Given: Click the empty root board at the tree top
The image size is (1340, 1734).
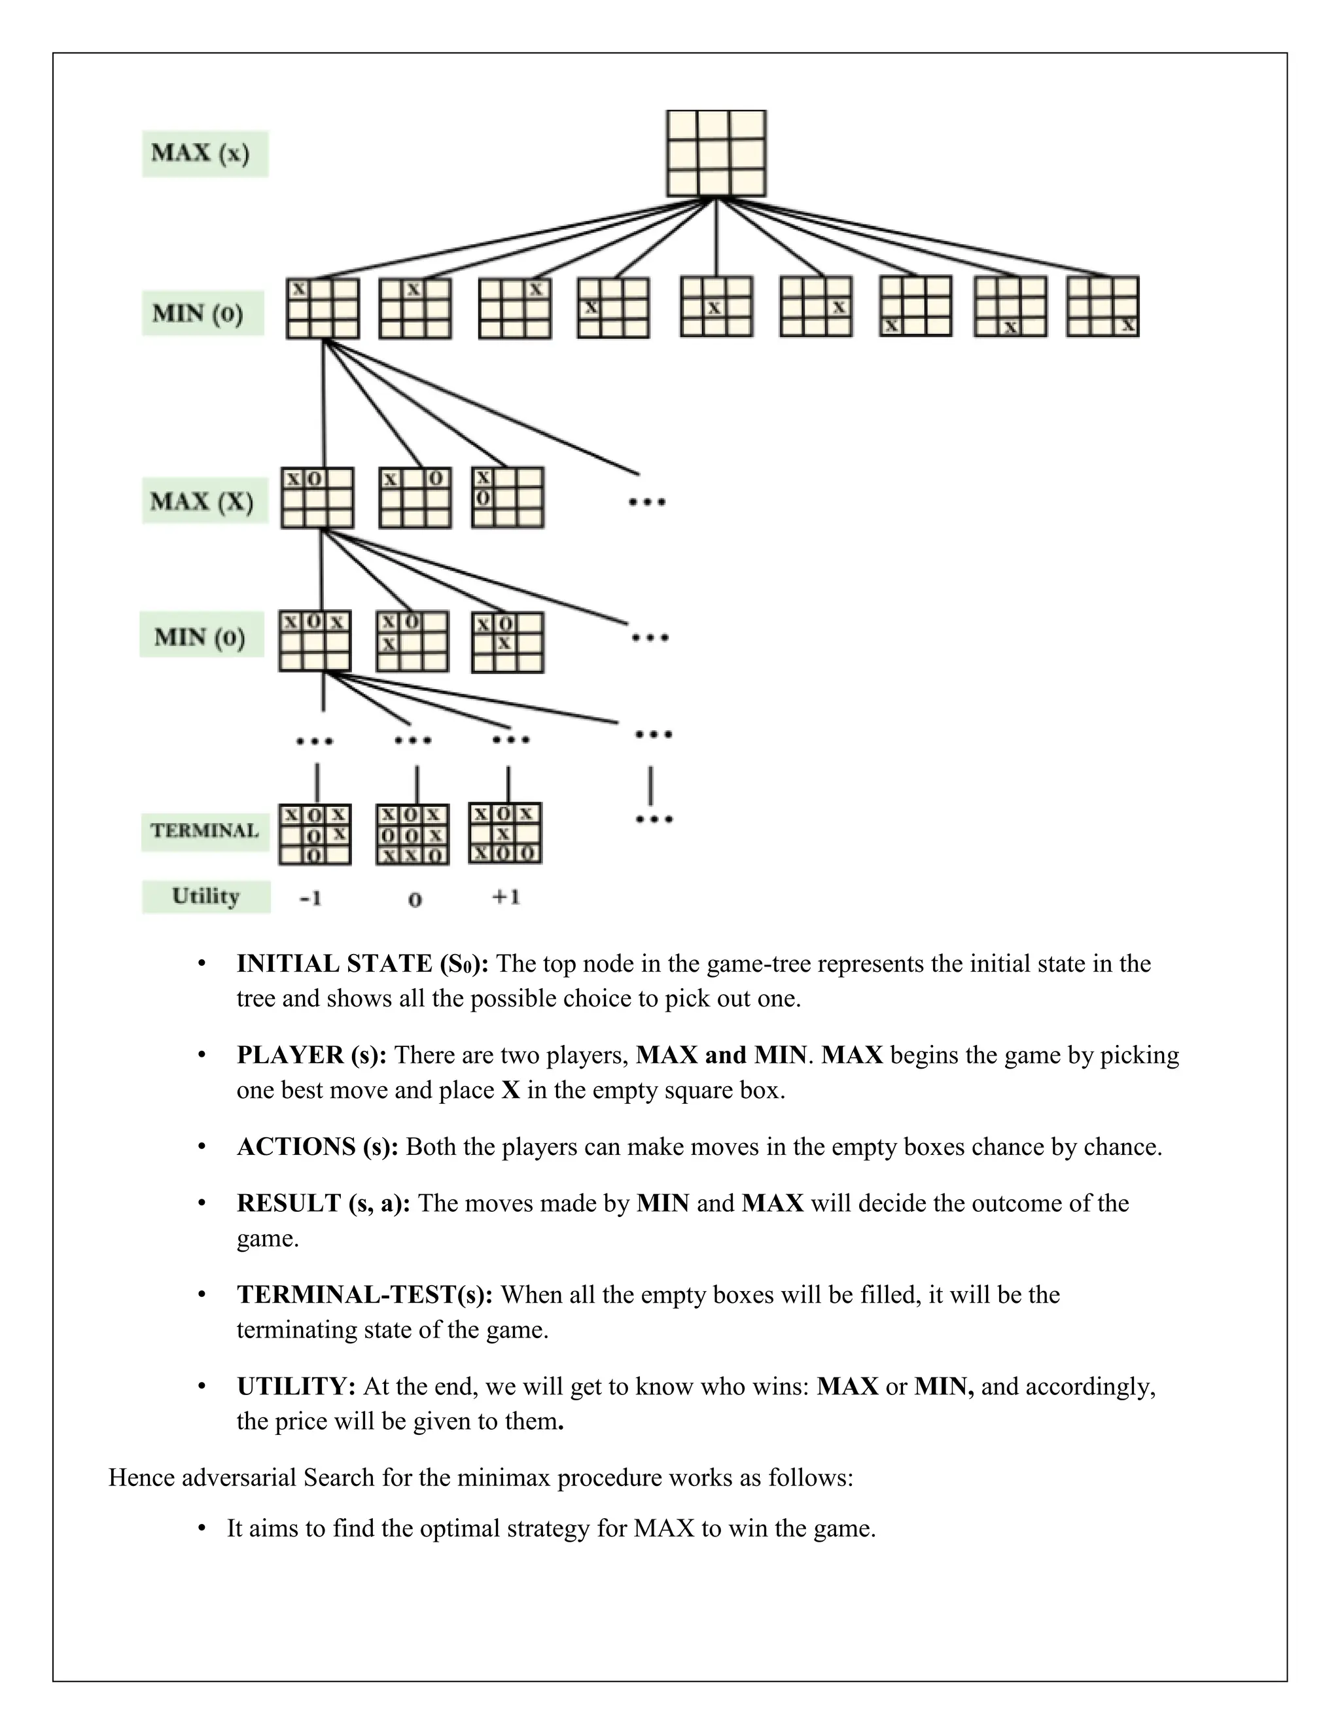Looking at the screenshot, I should click(716, 153).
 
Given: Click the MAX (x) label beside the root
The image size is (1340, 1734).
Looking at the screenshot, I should click(205, 153).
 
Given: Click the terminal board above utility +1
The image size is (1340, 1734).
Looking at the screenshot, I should click(506, 833).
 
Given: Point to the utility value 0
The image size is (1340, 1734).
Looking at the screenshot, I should click(414, 900).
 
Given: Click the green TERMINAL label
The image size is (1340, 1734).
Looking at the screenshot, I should click(205, 830).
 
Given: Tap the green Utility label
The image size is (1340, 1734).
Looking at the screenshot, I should click(205, 896).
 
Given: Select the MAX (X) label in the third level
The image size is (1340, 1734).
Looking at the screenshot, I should click(204, 501).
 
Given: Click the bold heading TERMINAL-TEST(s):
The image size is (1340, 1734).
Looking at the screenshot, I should click(364, 1294).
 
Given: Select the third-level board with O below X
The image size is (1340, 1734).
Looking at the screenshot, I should click(507, 498).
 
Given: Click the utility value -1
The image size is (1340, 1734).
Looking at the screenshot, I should click(310, 898).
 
